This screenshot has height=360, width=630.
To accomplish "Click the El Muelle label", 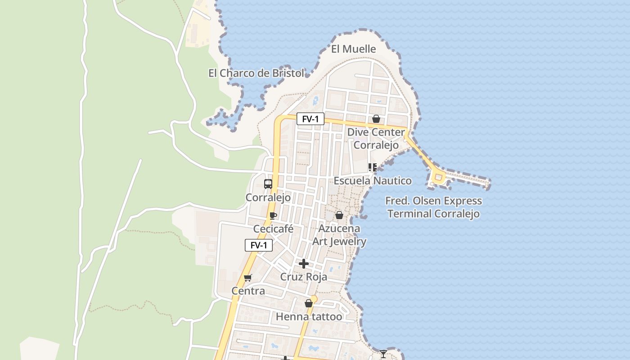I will [x=353, y=49].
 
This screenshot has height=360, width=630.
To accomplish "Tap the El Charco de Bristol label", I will [x=256, y=73].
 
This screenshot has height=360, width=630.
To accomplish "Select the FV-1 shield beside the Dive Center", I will [x=310, y=119].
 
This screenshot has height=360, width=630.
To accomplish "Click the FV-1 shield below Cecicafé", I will [x=259, y=245].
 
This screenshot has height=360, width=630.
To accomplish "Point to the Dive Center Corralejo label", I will [x=376, y=139].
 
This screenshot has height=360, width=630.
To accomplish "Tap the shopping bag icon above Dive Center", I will [x=376, y=119].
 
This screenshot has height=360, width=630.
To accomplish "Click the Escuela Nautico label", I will [x=372, y=181].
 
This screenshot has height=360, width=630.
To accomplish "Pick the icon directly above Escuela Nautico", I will [x=373, y=167].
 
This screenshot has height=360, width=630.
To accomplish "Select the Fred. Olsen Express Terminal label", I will [x=433, y=207].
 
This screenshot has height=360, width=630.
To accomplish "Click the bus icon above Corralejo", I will [x=268, y=184].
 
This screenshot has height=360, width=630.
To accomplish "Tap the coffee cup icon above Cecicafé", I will [x=273, y=216].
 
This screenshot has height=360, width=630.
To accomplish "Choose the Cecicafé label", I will [x=273, y=229].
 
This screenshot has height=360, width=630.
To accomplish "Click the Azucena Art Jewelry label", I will [x=339, y=235].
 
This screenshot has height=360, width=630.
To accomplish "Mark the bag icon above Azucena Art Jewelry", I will [x=339, y=215].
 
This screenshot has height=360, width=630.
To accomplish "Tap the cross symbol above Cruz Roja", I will [x=304, y=263].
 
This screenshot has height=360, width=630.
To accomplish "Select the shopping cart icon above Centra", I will [x=248, y=278].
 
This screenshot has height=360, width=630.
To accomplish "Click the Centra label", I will [x=248, y=291].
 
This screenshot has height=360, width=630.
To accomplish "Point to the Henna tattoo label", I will [x=309, y=317].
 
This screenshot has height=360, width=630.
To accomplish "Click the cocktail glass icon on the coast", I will [x=383, y=354].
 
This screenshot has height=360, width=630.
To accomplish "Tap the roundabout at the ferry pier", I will [x=438, y=177].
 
